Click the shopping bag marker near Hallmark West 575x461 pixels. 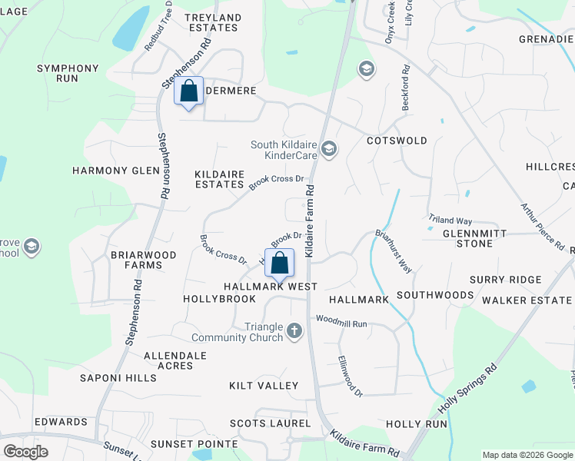click(280, 262)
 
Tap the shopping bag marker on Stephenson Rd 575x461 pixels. click(188, 91)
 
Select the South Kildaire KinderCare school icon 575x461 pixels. click(329, 149)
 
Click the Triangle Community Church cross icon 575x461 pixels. click(294, 332)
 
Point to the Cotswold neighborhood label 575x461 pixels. click(397, 141)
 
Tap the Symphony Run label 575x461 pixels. click(68, 74)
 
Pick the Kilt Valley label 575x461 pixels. click(264, 385)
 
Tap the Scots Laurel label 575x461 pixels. click(271, 423)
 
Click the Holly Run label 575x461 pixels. click(416, 424)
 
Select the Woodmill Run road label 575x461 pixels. click(341, 321)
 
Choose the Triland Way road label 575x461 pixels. click(450, 221)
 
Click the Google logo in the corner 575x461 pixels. click(25, 452)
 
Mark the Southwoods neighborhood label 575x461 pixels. click(435, 295)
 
